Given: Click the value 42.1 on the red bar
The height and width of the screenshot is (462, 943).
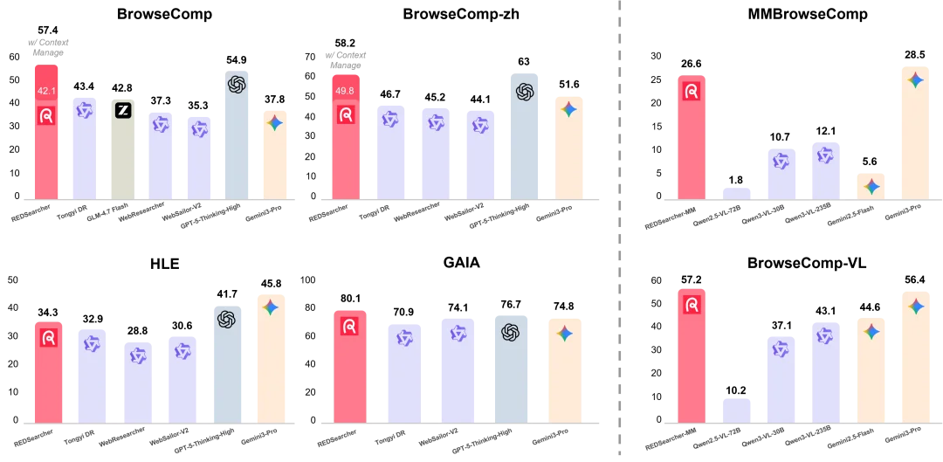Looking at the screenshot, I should [46, 91].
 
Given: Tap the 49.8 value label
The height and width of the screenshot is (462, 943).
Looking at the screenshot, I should [345, 91].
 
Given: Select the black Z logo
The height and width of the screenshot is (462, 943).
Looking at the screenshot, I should [123, 110].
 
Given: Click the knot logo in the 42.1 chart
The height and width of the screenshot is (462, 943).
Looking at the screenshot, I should [237, 84].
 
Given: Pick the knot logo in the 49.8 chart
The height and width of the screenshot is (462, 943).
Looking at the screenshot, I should [524, 92].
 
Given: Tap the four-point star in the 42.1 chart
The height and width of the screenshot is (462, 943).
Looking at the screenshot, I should [274, 123].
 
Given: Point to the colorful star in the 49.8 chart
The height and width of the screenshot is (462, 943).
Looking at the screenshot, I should [568, 109].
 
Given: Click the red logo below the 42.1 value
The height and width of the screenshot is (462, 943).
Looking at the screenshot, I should [46, 115].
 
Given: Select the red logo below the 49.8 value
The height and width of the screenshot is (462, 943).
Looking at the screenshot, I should [346, 114].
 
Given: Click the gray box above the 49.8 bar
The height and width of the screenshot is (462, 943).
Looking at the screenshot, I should [346, 56].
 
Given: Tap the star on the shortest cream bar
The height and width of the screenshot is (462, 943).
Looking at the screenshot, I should [871, 186].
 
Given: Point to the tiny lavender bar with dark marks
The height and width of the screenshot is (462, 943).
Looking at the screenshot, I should [736, 190].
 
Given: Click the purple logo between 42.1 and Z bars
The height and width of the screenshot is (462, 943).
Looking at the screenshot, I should [84, 110].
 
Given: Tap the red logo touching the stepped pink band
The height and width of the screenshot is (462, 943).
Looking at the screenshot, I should [692, 305].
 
